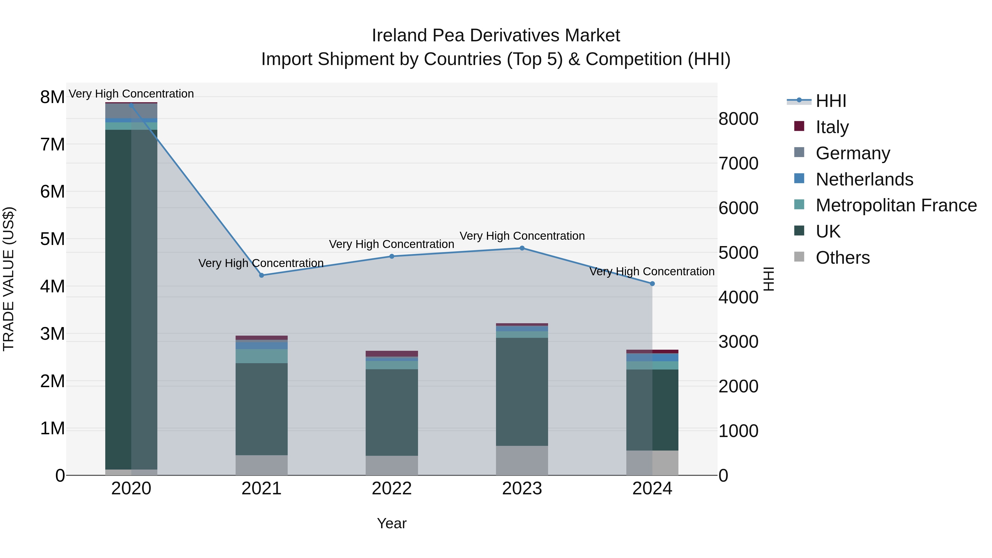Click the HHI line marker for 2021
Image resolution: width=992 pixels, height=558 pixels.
tap(262, 275)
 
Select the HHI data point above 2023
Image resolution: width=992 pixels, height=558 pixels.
tap(522, 248)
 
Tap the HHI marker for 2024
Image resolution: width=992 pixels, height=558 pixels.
tap(652, 284)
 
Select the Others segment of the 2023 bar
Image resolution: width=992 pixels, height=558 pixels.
tap(522, 460)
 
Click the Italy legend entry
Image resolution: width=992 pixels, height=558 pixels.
tap(832, 127)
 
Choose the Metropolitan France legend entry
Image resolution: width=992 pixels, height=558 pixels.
tap(896, 205)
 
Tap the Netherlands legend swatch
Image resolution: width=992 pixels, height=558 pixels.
tap(799, 179)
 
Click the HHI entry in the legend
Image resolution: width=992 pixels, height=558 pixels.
tap(830, 101)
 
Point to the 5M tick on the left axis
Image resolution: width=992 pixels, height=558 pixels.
tap(52, 239)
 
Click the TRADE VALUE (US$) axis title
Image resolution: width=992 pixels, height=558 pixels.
tap(9, 279)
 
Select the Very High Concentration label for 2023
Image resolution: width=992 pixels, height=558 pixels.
tap(522, 236)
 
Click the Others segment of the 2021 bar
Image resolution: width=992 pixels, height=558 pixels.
tap(262, 465)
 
